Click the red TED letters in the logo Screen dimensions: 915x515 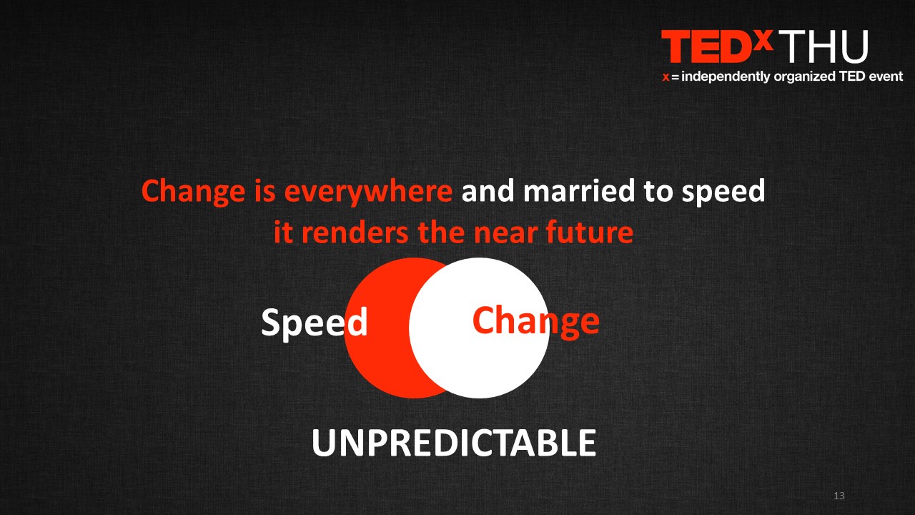(707, 46)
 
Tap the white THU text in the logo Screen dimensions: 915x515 (823, 46)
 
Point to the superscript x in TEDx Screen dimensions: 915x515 (763, 39)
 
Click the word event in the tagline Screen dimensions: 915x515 (886, 77)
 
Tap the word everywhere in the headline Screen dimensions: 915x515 (368, 191)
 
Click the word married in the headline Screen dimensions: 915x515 (579, 190)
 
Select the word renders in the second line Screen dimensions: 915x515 (355, 232)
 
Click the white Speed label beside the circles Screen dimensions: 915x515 (315, 322)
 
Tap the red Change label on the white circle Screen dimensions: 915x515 (536, 321)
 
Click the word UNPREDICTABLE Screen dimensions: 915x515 (454, 443)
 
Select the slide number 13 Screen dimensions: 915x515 (839, 496)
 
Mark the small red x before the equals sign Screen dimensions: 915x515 (666, 77)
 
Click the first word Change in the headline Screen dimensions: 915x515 (193, 191)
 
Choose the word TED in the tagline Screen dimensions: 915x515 (852, 77)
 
